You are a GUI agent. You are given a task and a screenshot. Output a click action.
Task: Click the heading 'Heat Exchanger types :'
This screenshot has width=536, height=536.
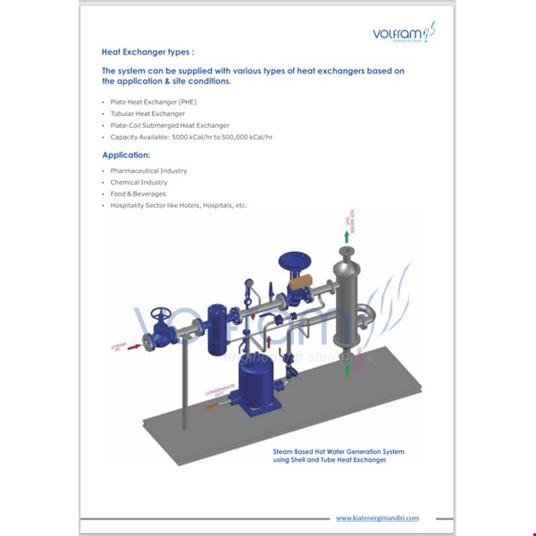[147, 52]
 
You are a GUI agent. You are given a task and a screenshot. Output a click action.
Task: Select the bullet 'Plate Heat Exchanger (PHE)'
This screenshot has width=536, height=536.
[153, 102]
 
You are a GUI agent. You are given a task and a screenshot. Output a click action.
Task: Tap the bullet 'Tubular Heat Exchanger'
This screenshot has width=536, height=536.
[147, 113]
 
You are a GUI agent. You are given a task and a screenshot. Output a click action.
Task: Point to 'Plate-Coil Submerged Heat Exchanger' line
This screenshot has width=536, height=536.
[170, 125]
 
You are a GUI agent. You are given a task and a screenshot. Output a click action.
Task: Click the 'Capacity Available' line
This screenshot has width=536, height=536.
[191, 137]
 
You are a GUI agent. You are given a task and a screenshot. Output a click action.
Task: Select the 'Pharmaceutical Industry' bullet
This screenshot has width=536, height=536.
[148, 170]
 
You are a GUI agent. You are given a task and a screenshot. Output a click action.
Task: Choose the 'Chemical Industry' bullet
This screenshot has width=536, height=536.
[138, 182]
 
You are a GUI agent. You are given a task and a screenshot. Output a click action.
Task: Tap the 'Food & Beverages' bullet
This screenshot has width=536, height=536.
[138, 193]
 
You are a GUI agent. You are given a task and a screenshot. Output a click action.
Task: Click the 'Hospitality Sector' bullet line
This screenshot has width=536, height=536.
[178, 205]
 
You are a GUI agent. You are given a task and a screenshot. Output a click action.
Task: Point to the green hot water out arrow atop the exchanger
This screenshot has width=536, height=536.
[348, 234]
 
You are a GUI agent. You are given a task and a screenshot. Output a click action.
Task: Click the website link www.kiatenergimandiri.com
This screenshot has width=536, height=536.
[377, 517]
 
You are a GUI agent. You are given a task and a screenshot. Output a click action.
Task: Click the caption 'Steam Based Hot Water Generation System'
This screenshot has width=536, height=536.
[338, 452]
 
